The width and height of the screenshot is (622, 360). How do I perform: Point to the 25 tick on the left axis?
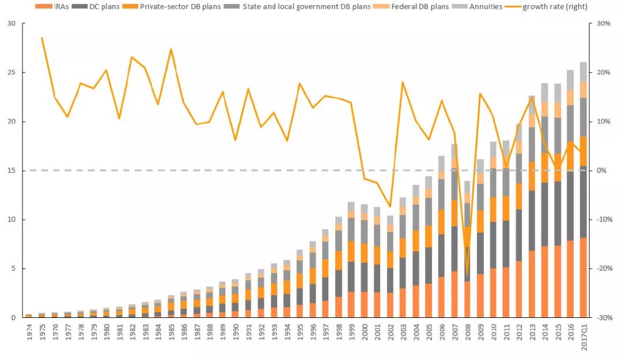(12, 73)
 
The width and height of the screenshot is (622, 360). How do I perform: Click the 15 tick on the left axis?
(12, 170)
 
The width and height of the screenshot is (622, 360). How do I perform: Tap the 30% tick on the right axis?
(602, 24)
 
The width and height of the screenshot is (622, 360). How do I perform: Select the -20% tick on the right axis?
(603, 268)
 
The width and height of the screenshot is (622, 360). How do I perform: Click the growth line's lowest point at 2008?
(466, 275)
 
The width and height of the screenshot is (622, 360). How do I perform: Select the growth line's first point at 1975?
(42, 38)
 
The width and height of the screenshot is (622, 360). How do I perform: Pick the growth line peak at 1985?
(171, 50)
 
